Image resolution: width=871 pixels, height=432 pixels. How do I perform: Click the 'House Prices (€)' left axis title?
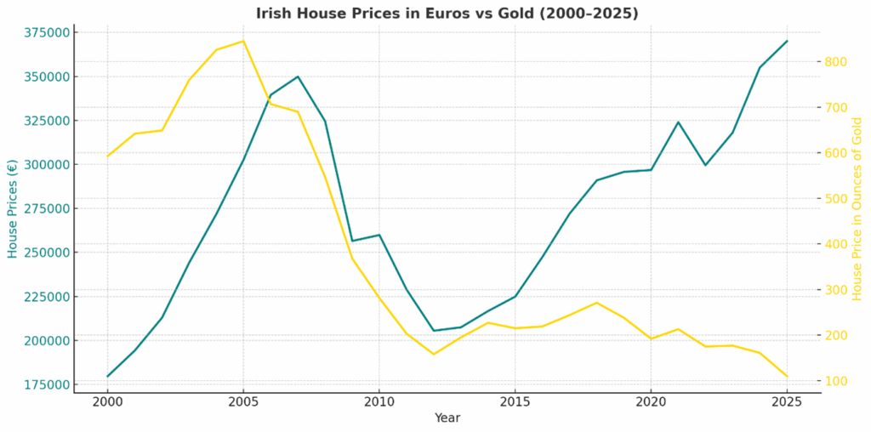pyautogui.click(x=13, y=208)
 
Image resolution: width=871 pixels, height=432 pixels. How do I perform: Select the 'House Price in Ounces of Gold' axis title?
pyautogui.click(x=857, y=208)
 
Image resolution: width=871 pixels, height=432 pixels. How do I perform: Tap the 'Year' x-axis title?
pyautogui.click(x=447, y=418)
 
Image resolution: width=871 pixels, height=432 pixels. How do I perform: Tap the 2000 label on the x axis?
pyautogui.click(x=108, y=401)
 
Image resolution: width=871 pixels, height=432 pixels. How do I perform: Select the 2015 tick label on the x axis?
pyautogui.click(x=515, y=401)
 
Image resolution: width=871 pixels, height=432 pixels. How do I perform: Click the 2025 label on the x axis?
pyautogui.click(x=787, y=401)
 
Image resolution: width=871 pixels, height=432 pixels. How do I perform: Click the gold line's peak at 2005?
pyautogui.click(x=243, y=41)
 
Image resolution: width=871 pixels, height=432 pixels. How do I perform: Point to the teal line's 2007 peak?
pyautogui.click(x=298, y=77)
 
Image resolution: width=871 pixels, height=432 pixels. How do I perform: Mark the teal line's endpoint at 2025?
pyautogui.click(x=787, y=41)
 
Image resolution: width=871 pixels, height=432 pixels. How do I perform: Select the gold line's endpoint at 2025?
pyautogui.click(x=787, y=376)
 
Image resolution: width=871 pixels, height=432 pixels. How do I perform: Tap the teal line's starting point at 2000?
pyautogui.click(x=108, y=376)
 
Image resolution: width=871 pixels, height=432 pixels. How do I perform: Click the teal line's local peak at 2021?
pyautogui.click(x=678, y=122)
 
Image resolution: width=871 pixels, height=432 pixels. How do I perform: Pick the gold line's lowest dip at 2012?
pyautogui.click(x=434, y=354)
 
